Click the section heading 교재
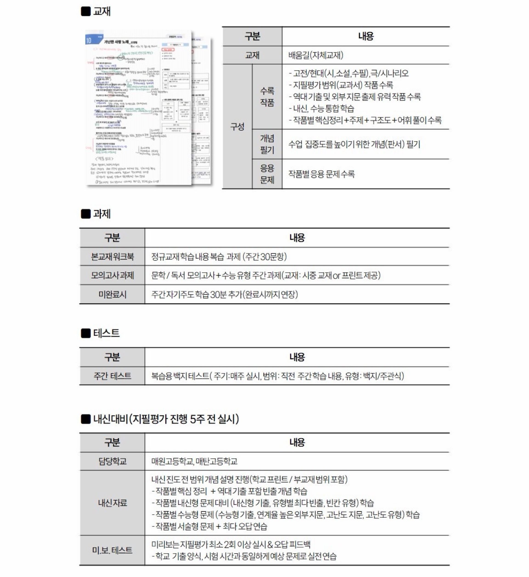coord(102,11)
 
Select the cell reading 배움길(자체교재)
coord(315,55)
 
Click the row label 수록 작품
coord(267,97)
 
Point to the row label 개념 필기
coord(267,144)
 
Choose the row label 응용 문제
coord(267,174)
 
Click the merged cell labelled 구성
coord(237,126)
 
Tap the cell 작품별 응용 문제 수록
coord(321,174)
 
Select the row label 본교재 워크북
coord(112,256)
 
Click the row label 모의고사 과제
coord(112,275)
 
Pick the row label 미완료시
coord(112,294)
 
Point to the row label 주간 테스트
coord(112,376)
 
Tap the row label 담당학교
coord(112,461)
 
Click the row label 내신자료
coord(112,503)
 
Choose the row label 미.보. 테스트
coord(112,550)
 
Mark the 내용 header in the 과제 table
coord(297,238)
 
